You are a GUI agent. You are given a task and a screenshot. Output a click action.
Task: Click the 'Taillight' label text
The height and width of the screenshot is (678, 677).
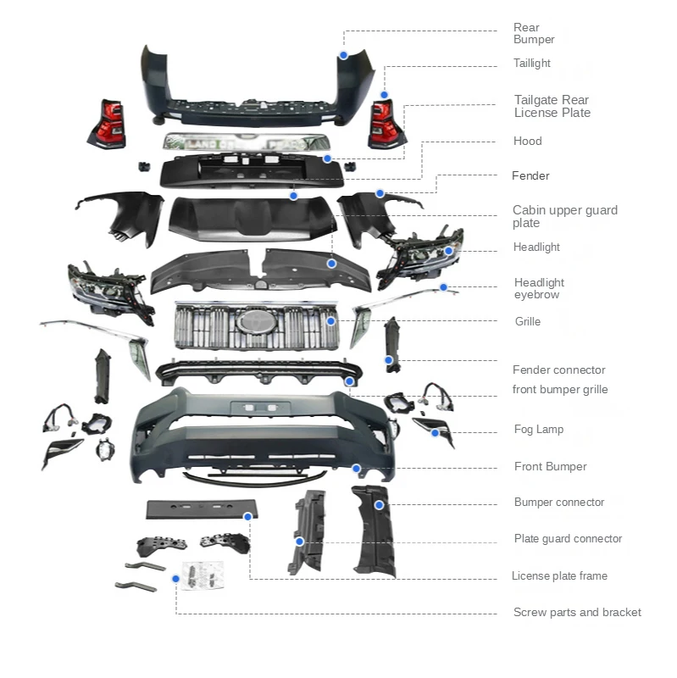point(531,64)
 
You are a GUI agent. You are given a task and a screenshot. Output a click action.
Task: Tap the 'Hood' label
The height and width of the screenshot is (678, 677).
point(527,142)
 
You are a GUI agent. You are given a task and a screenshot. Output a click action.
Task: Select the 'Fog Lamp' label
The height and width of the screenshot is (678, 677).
point(538,430)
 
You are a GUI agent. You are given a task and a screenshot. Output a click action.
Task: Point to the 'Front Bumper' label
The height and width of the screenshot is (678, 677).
point(550,467)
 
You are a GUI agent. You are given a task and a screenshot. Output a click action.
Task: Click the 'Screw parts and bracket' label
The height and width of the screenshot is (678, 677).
point(577,613)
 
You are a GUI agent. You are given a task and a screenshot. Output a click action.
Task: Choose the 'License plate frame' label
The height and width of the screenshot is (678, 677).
point(559,576)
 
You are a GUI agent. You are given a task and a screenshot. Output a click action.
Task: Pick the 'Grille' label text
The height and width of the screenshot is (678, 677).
point(527,322)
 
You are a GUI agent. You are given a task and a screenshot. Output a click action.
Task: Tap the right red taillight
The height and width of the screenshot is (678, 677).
point(386,124)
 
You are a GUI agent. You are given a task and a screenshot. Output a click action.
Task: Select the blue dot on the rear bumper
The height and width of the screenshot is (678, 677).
point(344,55)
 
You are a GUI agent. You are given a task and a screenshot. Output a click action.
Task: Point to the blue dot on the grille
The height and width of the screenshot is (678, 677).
point(331,321)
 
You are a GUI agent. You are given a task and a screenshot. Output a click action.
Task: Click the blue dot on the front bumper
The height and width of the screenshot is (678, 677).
point(357,468)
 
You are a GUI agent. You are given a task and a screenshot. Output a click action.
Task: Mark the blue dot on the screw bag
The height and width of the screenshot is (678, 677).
point(175,578)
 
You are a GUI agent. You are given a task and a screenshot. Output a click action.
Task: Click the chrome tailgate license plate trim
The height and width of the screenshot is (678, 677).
point(246,143)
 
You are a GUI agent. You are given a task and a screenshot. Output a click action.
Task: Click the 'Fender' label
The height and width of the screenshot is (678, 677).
point(530,176)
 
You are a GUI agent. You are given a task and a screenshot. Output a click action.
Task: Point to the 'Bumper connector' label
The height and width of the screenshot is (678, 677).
point(558,503)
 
